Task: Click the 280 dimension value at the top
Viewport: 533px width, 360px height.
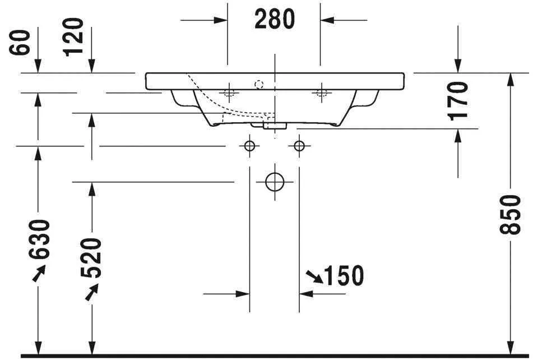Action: pos(274,20)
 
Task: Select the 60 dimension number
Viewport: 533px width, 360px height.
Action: pos(21,43)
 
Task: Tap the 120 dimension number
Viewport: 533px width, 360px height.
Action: pos(73,37)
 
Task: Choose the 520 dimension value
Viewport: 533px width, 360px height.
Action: pos(92,258)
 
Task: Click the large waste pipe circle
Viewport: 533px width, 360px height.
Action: pos(275,182)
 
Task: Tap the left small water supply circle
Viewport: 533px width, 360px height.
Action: pos(250,146)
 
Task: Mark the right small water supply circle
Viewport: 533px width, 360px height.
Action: pos(299,146)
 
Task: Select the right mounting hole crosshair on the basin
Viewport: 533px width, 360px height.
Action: pos(321,92)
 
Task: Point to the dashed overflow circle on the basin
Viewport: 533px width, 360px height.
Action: pos(258,85)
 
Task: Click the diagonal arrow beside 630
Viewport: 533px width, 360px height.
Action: pos(38,273)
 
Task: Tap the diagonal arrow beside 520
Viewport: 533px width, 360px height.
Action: pos(91,292)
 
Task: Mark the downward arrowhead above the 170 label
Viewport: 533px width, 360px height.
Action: pos(458,66)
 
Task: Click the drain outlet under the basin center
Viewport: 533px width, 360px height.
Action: pos(274,124)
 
